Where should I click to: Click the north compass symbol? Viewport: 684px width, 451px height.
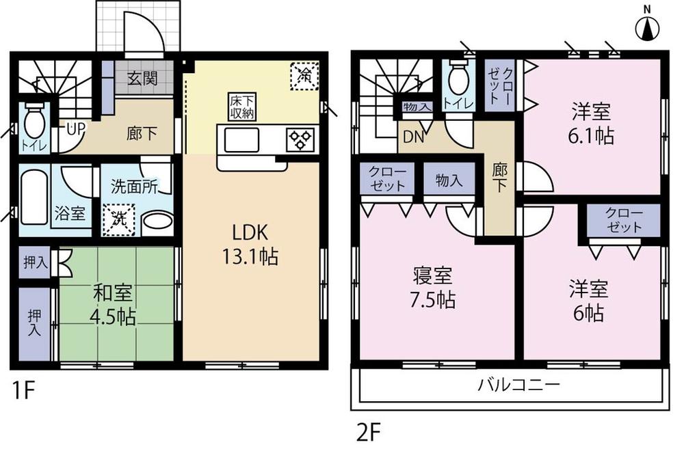tap(648, 28)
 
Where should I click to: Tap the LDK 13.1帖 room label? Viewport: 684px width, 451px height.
tap(249, 244)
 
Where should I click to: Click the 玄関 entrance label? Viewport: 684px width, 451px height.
tap(142, 78)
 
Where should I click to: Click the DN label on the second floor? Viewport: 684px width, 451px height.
tap(412, 137)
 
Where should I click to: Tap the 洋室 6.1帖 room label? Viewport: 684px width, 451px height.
tap(592, 123)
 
